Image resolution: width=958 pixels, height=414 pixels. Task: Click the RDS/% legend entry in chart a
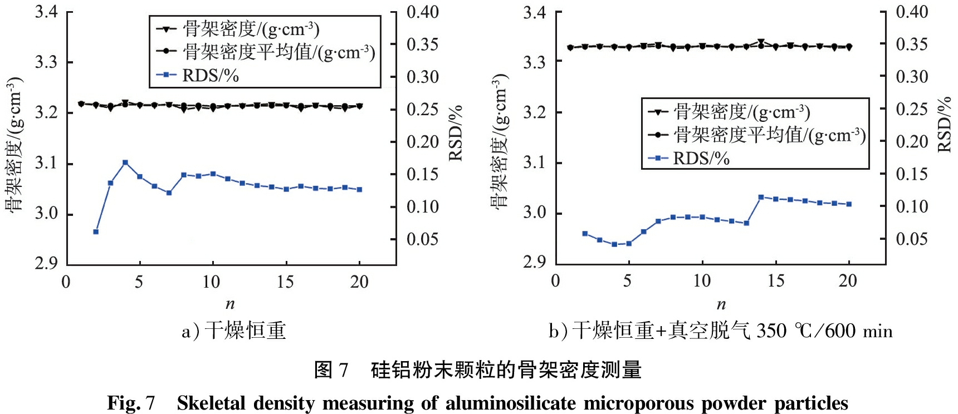(210, 76)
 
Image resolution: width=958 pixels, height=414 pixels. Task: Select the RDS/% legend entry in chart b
(701, 159)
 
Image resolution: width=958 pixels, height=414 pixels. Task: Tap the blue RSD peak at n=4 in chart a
(125, 162)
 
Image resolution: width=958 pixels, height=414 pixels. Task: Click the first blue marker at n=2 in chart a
(96, 231)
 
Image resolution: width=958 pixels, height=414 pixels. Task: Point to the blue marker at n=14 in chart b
(761, 197)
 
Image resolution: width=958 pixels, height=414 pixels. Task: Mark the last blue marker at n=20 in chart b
(849, 204)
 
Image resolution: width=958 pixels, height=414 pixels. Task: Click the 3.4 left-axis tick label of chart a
(47, 12)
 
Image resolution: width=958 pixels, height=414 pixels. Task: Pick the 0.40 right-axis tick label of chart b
(912, 12)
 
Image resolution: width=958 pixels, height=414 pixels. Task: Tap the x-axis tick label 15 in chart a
(285, 282)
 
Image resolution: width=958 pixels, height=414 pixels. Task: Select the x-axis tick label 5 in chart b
(628, 280)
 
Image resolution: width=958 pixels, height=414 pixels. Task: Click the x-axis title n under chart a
(230, 304)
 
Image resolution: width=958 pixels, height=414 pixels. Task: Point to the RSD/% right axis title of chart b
(944, 125)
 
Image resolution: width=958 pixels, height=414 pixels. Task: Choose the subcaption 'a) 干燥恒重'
(234, 331)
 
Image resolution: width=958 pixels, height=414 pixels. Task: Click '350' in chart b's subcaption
(771, 331)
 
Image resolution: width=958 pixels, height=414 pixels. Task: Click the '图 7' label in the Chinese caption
(331, 369)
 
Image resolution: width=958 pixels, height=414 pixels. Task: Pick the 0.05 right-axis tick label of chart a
(422, 239)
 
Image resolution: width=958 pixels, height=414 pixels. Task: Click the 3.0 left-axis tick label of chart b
(535, 213)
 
